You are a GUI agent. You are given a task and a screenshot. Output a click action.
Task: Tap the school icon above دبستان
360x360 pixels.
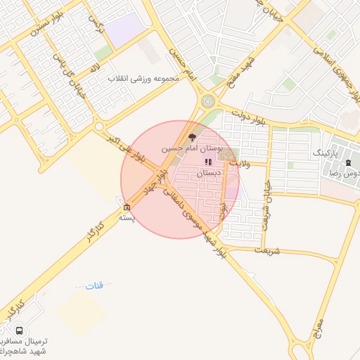click(208, 162)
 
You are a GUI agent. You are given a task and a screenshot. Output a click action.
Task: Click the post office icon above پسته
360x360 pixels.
click(127, 207)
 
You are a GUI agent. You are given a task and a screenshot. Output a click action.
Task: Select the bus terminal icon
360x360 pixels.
click(19, 330)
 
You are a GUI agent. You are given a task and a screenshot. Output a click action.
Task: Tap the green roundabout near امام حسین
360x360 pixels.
click(208, 101)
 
